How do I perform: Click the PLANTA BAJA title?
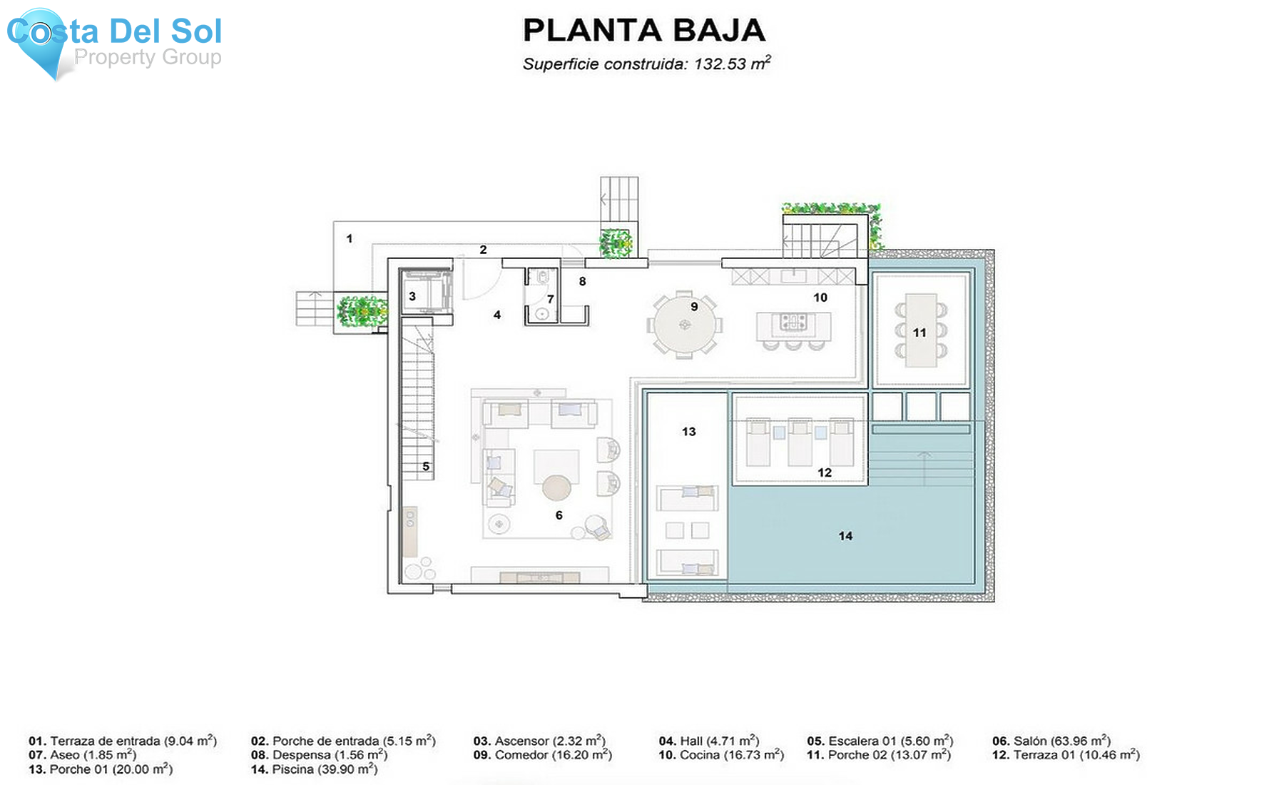click(x=643, y=31)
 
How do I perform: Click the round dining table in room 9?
click(x=685, y=325)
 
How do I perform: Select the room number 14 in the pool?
click(x=845, y=536)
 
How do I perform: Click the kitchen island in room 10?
click(x=793, y=327)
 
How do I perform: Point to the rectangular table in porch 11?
click(x=920, y=330)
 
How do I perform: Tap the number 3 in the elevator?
click(x=412, y=296)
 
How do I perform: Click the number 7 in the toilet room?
click(x=550, y=299)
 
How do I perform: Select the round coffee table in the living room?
click(x=556, y=488)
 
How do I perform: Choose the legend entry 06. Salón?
click(x=1051, y=741)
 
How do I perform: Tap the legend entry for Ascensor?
click(x=539, y=741)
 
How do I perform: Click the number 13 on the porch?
click(x=688, y=432)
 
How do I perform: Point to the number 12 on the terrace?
click(x=825, y=472)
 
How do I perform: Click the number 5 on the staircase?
click(x=426, y=467)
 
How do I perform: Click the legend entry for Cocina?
click(x=720, y=755)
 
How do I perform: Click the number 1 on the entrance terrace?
click(x=350, y=238)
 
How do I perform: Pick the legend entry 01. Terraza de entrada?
click(x=122, y=741)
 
